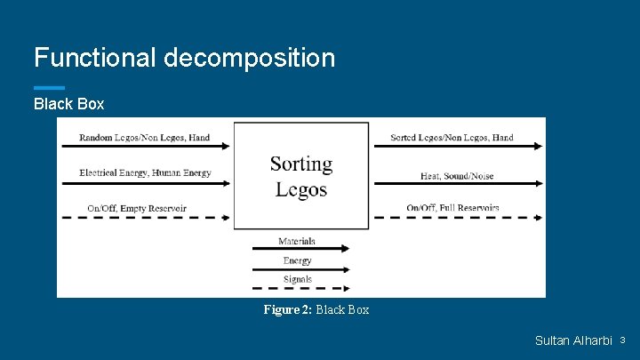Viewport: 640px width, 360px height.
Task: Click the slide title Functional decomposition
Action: [184, 59]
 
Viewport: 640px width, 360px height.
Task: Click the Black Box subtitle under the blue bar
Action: [68, 104]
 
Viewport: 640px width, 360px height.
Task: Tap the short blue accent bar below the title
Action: [49, 87]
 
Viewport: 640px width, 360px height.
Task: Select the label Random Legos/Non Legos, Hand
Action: [144, 138]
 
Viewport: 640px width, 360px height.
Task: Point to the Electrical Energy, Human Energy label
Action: [145, 172]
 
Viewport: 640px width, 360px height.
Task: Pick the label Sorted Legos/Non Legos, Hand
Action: [452, 138]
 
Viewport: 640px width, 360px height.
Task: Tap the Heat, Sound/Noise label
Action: [457, 176]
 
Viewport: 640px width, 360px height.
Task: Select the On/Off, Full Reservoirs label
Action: [452, 208]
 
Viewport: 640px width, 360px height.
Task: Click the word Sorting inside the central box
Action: [301, 164]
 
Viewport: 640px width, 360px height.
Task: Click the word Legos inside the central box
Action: [301, 188]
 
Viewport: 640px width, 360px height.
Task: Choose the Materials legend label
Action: [296, 241]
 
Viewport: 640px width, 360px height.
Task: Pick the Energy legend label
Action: [297, 260]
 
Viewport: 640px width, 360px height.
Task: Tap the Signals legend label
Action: [297, 279]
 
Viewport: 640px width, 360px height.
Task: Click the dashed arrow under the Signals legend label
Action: [300, 288]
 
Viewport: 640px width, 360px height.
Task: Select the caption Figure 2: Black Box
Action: [316, 309]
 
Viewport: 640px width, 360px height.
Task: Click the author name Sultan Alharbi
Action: [573, 341]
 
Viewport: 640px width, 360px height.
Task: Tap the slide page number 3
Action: [622, 340]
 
